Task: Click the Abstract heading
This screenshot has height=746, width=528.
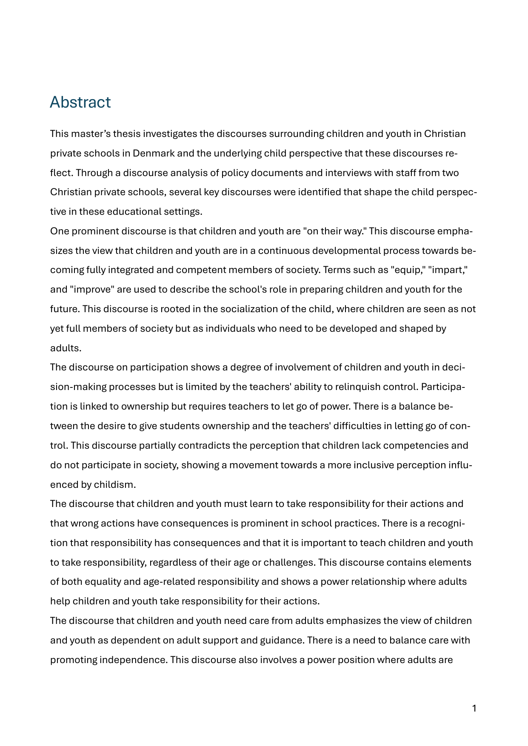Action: click(x=80, y=102)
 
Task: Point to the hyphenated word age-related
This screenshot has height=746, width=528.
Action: click(x=169, y=582)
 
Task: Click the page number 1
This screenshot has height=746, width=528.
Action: click(x=474, y=708)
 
